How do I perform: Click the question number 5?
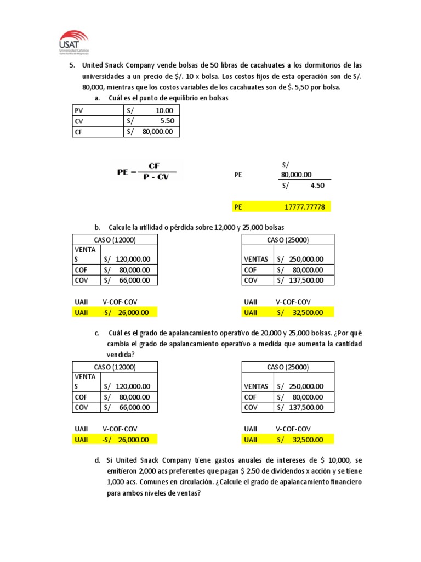pyautogui.click(x=72, y=65)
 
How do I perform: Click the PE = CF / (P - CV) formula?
pyautogui.click(x=147, y=171)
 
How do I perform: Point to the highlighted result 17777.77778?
pyautogui.click(x=304, y=207)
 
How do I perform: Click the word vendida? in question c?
pyautogui.click(x=121, y=355)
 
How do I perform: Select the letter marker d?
pyautogui.click(x=97, y=460)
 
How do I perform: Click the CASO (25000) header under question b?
pyautogui.click(x=287, y=240)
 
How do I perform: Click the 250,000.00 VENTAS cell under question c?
pyautogui.click(x=305, y=386)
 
